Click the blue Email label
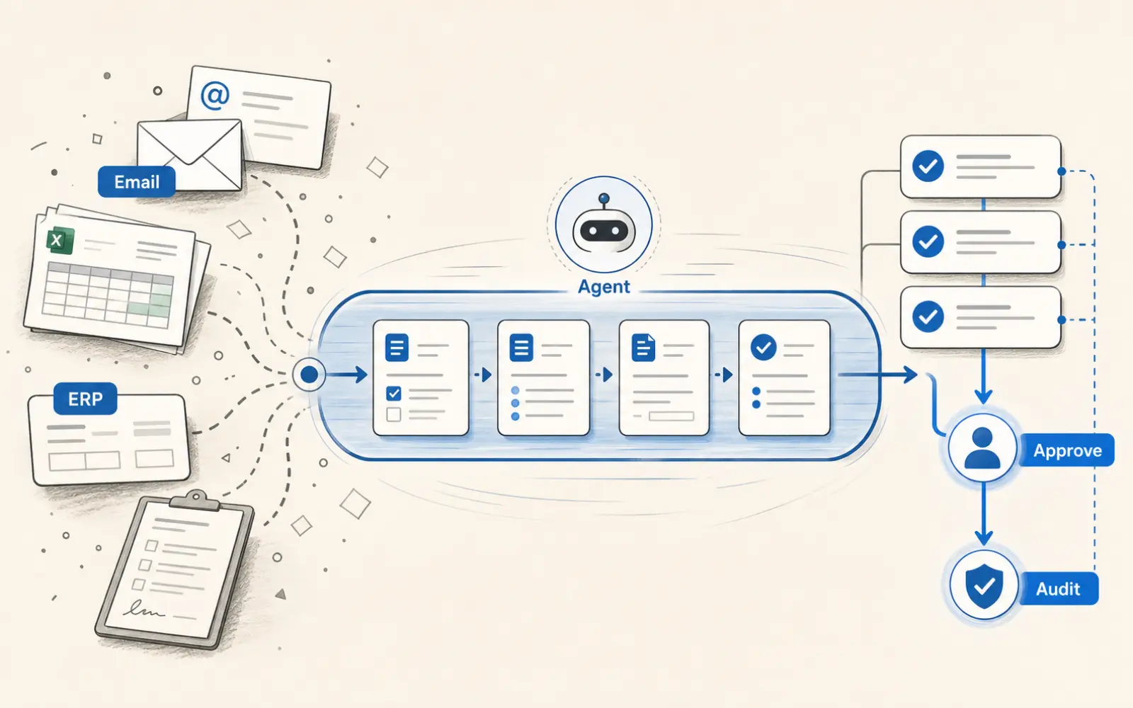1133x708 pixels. [x=137, y=181]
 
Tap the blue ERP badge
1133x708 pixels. [x=85, y=399]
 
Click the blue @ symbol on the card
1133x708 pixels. [x=215, y=95]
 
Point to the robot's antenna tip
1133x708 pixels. [x=604, y=198]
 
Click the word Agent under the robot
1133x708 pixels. [x=604, y=287]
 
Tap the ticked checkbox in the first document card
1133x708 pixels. [x=394, y=393]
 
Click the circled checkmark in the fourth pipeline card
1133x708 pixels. [x=764, y=348]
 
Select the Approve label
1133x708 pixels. [x=1066, y=450]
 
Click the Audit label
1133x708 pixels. [x=1058, y=588]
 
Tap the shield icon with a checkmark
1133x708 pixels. [x=984, y=586]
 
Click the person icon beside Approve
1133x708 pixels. [x=982, y=448]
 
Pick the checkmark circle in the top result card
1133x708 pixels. [x=928, y=166]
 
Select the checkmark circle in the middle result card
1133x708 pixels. [x=928, y=241]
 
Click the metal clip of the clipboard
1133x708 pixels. [x=195, y=501]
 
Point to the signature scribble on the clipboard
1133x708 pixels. [x=144, y=610]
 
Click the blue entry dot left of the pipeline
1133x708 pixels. [x=309, y=375]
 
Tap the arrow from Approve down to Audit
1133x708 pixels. [x=984, y=513]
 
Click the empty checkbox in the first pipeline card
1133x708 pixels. [x=394, y=415]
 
